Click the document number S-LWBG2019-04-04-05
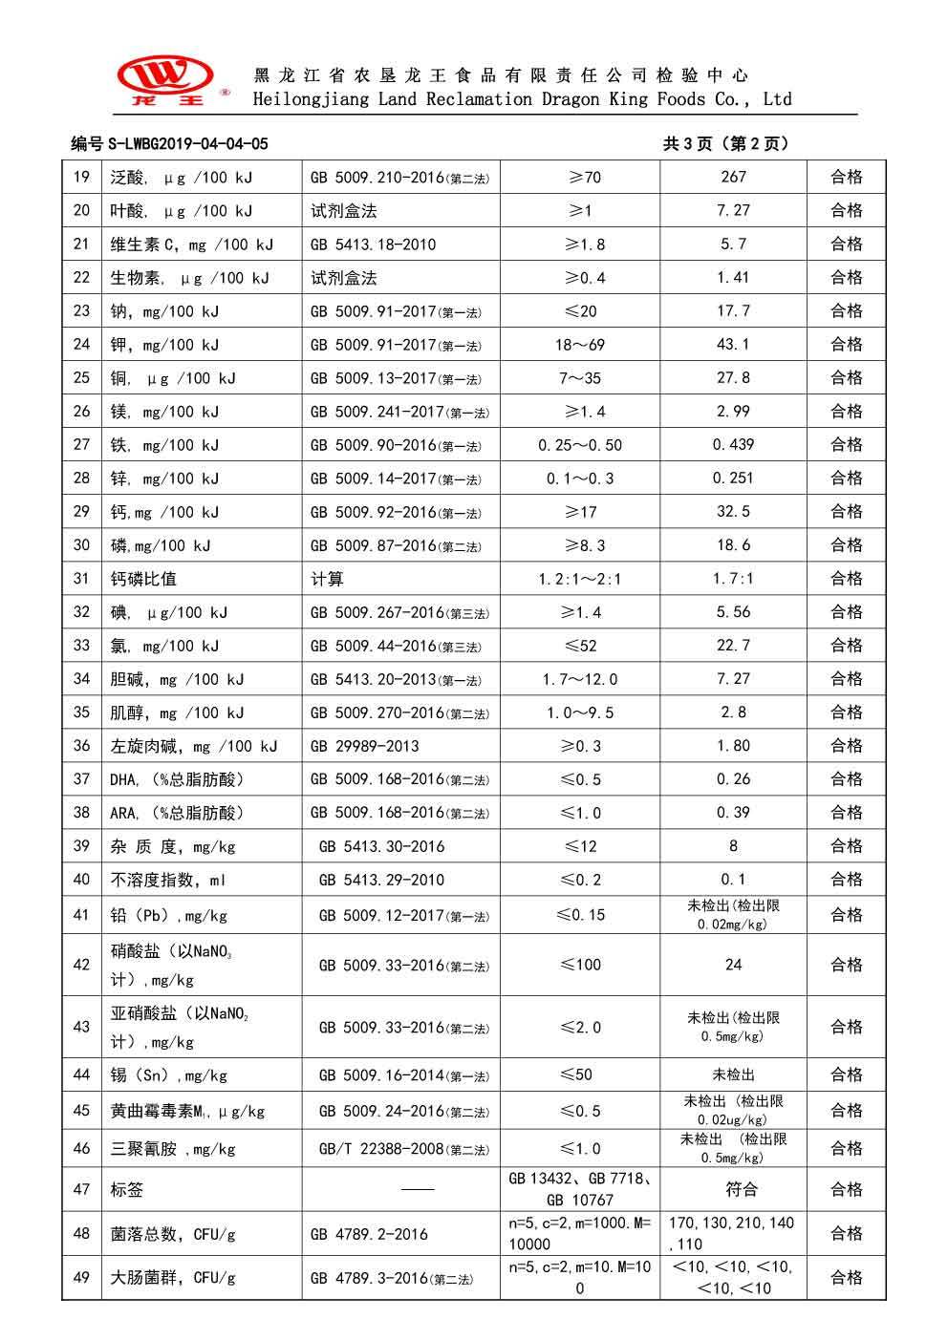[169, 144]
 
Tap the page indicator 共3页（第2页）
[726, 144]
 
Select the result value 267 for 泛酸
[733, 177]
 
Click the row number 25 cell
[81, 378]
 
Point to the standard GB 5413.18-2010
[373, 245]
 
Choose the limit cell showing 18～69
[580, 345]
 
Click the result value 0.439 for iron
[733, 445]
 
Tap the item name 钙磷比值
[143, 579]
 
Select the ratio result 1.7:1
[733, 579]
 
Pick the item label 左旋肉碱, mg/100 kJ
[193, 746]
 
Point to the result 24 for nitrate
[733, 965]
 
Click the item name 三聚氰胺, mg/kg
[173, 1149]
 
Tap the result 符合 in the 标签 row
[733, 1190]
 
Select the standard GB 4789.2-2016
[369, 1234]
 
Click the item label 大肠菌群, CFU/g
[173, 1278]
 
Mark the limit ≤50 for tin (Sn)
[580, 1074]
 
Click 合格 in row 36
[847, 746]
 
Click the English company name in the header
[522, 99]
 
